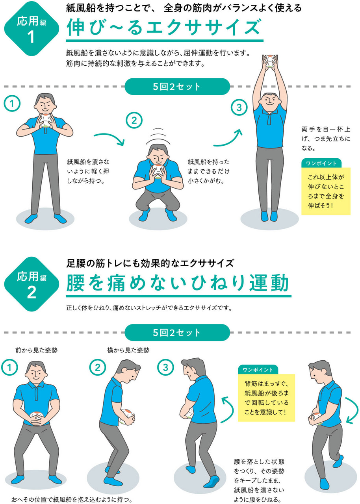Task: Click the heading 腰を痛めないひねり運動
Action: pyautogui.click(x=178, y=283)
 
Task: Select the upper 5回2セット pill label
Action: pyautogui.click(x=177, y=87)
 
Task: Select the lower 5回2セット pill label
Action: pyautogui.click(x=177, y=332)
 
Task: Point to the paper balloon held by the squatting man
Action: pyautogui.click(x=158, y=172)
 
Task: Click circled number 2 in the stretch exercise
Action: pyautogui.click(x=134, y=121)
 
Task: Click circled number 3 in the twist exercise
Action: pyautogui.click(x=165, y=368)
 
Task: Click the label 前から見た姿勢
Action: pyautogui.click(x=36, y=350)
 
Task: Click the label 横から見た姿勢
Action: pyautogui.click(x=128, y=350)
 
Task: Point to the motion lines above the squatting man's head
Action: pyautogui.click(x=158, y=136)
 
